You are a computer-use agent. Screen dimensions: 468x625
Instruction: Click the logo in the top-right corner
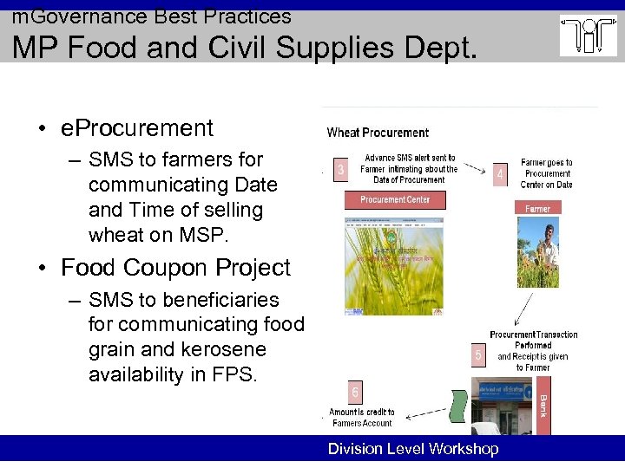(588, 36)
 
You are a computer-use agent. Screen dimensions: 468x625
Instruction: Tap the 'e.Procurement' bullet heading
(137, 128)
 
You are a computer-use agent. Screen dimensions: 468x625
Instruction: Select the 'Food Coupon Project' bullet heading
(175, 268)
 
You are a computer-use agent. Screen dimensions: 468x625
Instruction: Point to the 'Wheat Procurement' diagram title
(378, 133)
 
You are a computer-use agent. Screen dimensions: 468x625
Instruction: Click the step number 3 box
(340, 170)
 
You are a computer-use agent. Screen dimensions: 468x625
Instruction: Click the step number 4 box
(499, 174)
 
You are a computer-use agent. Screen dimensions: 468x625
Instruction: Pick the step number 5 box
(477, 354)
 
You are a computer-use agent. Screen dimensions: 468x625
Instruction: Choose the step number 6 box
(355, 391)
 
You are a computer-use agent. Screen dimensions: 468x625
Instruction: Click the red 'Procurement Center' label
(395, 199)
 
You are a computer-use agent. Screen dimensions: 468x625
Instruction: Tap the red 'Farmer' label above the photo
(537, 208)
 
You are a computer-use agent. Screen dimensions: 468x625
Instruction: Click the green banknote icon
(458, 406)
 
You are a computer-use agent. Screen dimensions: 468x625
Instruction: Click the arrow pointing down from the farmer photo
(526, 307)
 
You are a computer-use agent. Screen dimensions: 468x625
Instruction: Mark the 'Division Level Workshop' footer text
(413, 449)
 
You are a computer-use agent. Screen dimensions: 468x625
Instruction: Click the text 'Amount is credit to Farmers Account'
(361, 418)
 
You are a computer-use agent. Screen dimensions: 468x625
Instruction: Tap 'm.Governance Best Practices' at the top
(151, 16)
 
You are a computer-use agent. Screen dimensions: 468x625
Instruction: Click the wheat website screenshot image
(394, 261)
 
